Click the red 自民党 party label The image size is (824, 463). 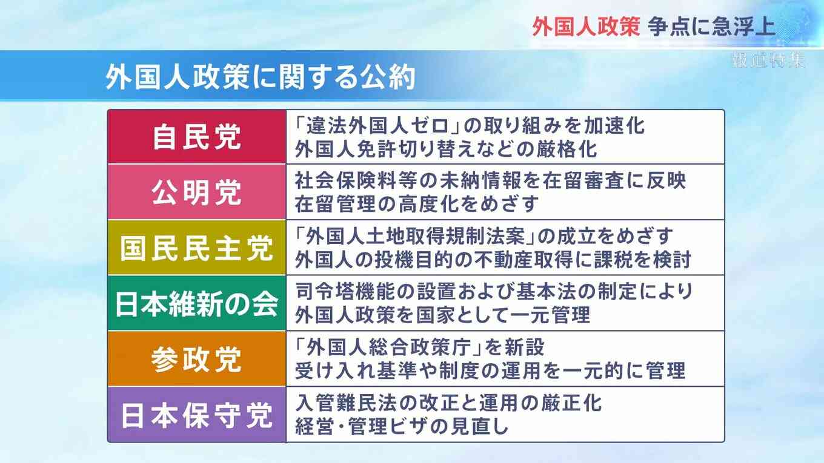pyautogui.click(x=197, y=137)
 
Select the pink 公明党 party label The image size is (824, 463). pyautogui.click(x=197, y=192)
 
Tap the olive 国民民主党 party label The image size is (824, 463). pyautogui.click(x=197, y=248)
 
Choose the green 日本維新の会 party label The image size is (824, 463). pyautogui.click(x=197, y=304)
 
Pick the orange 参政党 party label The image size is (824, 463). pyautogui.click(x=197, y=360)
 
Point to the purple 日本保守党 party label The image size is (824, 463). pyautogui.click(x=197, y=415)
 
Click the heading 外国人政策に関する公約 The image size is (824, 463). pyautogui.click(x=261, y=77)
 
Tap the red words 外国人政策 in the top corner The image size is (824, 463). pyautogui.click(x=586, y=27)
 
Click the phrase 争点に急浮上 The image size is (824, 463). pyautogui.click(x=712, y=27)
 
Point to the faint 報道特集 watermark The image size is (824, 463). pyautogui.click(x=768, y=60)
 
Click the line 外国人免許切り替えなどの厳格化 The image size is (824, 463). pyautogui.click(x=446, y=149)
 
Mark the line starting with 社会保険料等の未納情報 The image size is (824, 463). pyautogui.click(x=490, y=180)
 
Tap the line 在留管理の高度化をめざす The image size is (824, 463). pyautogui.click(x=417, y=204)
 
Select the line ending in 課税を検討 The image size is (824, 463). pyautogui.click(x=493, y=260)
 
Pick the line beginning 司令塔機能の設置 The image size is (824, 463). pyautogui.click(x=494, y=291)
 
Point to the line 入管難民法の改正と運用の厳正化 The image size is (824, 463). pyautogui.click(x=448, y=402)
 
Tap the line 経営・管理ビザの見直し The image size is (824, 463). pyautogui.click(x=402, y=426)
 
